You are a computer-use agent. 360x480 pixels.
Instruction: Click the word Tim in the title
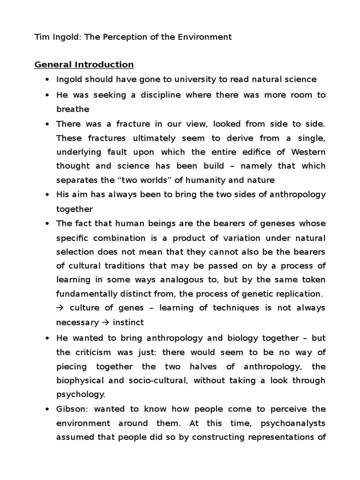pyautogui.click(x=41, y=37)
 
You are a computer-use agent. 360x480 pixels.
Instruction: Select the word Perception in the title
pyautogui.click(x=124, y=37)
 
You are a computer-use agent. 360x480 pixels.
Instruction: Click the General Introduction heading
pyautogui.click(x=84, y=64)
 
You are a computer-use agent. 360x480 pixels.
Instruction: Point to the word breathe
pyautogui.click(x=73, y=109)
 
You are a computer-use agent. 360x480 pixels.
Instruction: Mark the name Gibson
pyautogui.click(x=70, y=409)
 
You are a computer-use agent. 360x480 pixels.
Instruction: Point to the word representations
pyautogui.click(x=272, y=438)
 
